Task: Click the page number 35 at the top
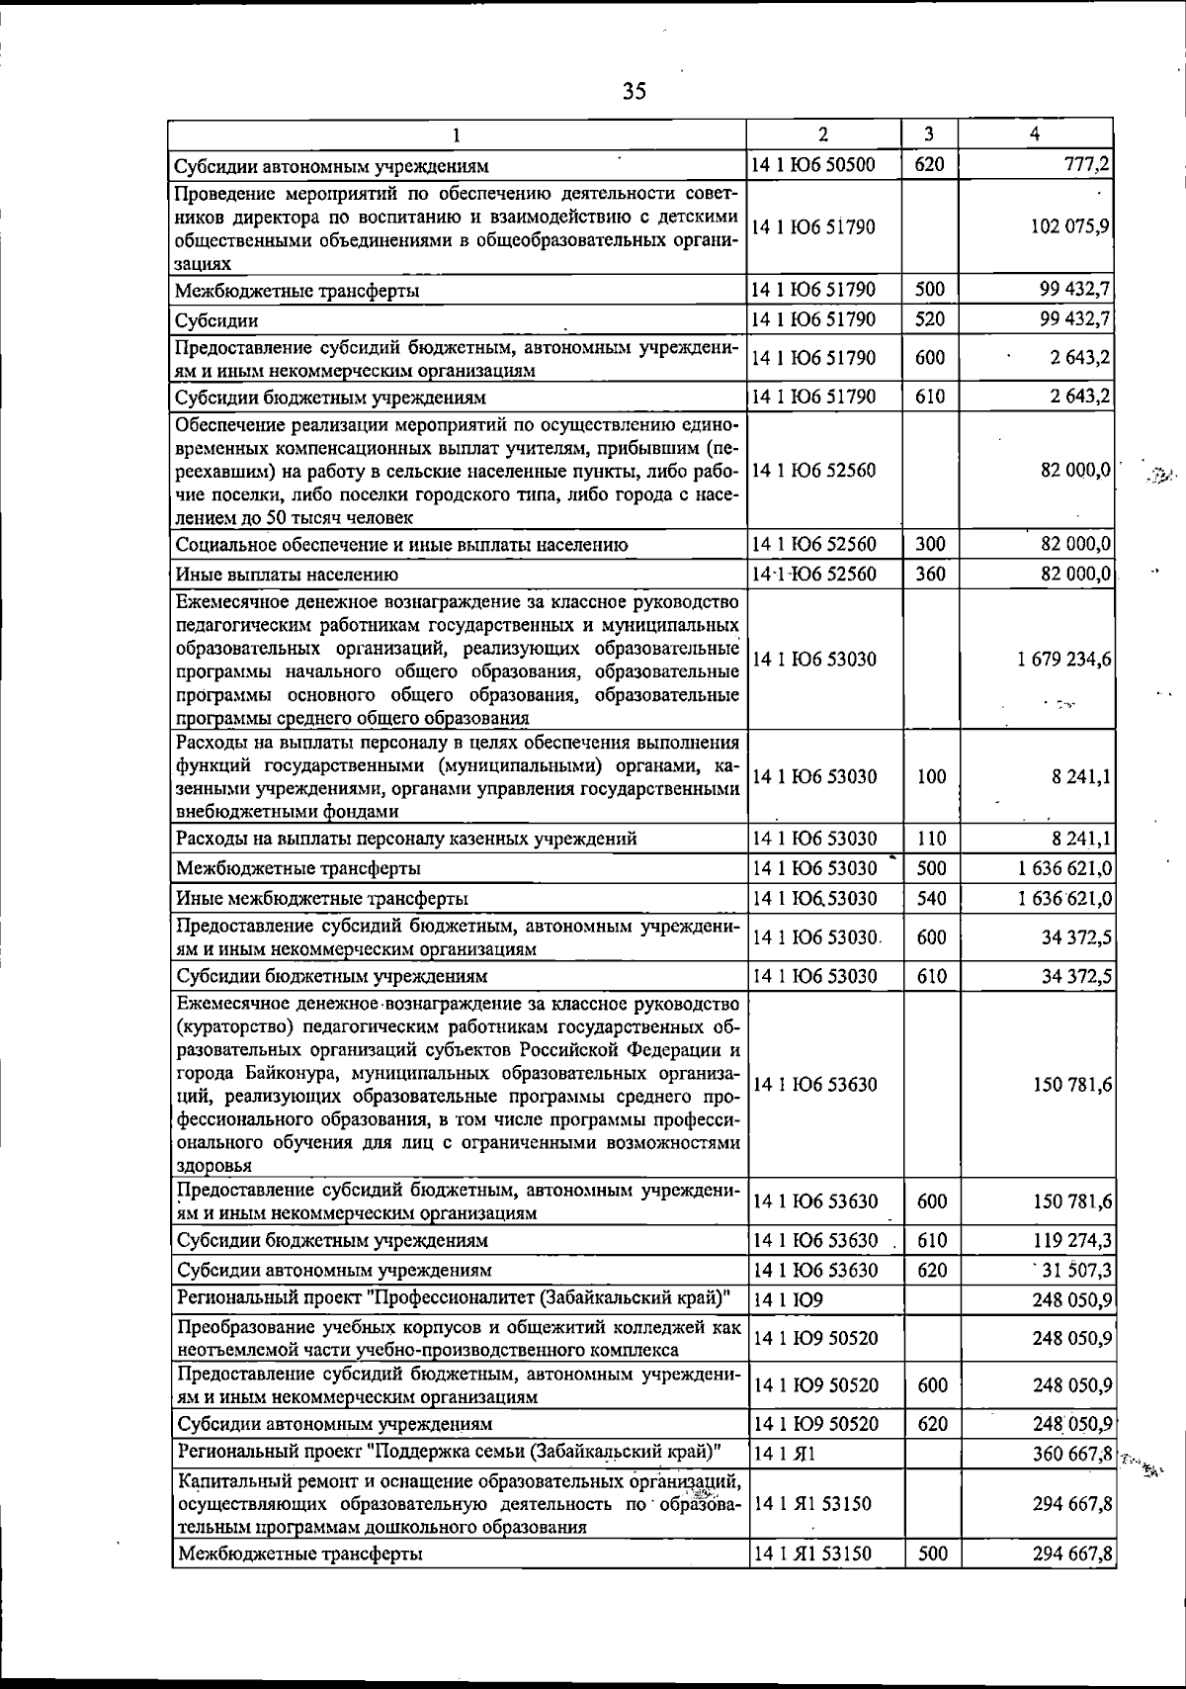click(635, 92)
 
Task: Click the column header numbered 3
click(930, 133)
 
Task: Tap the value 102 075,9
click(1071, 226)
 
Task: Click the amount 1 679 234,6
click(1064, 660)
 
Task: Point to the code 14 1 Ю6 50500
click(813, 164)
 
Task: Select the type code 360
click(930, 574)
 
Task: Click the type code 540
click(930, 898)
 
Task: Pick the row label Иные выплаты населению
click(288, 574)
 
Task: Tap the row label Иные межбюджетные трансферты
click(322, 898)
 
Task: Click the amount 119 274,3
click(1073, 1240)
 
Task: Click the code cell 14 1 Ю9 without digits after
click(789, 1299)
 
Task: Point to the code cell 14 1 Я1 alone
click(784, 1454)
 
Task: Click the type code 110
click(930, 839)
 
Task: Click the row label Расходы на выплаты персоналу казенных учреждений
click(406, 839)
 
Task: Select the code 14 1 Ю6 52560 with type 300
click(813, 544)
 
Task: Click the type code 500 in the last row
click(932, 1554)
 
